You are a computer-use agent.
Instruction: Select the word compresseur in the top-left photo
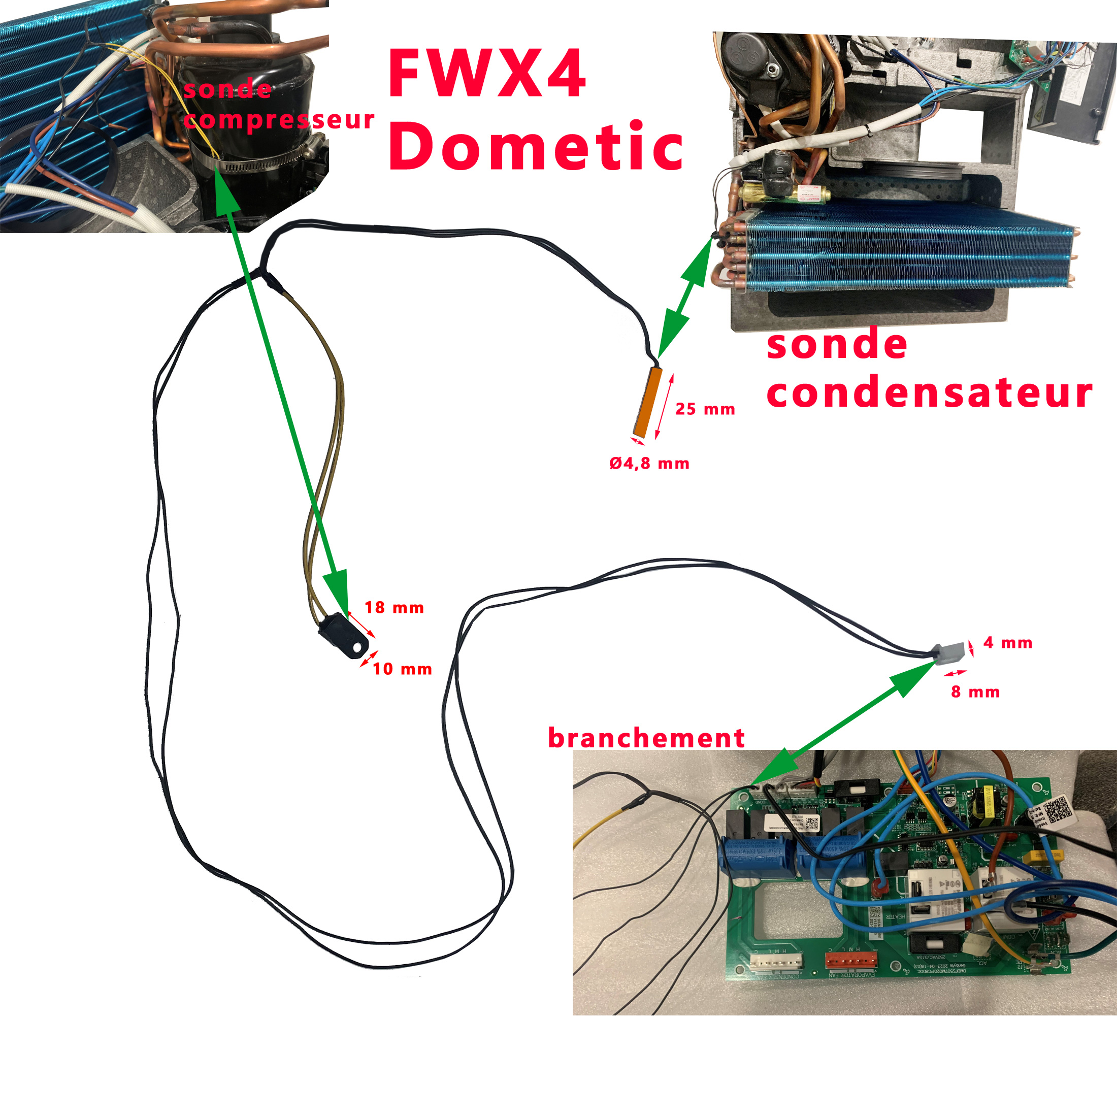[x=279, y=120]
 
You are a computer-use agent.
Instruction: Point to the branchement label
[x=646, y=738]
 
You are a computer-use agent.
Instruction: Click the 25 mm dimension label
[x=705, y=409]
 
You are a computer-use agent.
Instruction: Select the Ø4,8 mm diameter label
[x=649, y=464]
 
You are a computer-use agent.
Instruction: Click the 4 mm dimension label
[x=1008, y=642]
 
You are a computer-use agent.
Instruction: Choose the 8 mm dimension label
[x=975, y=692]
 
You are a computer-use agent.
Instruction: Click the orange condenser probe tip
[x=647, y=402]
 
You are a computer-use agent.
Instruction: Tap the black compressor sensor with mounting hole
[x=345, y=636]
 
